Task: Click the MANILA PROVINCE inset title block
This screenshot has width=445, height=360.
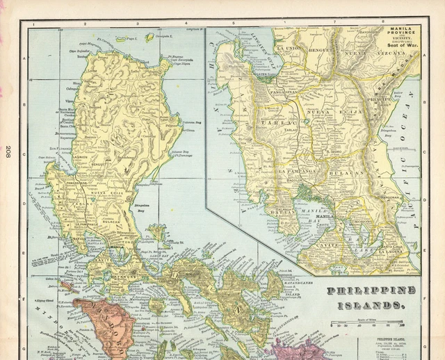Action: [x=400, y=38]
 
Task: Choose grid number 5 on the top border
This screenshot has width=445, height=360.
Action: [x=234, y=23]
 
